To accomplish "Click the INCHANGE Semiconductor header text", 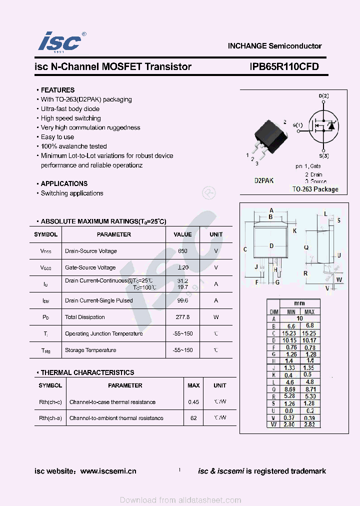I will click(x=274, y=45).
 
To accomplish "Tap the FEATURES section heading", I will click(x=57, y=90).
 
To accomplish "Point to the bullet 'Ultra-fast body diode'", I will click(x=70, y=109).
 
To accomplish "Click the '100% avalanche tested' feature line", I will click(x=73, y=146).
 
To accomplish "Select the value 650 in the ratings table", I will click(x=182, y=251).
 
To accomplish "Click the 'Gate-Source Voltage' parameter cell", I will click(x=90, y=267).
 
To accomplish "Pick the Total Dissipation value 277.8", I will click(x=182, y=317).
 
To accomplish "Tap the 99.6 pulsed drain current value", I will click(x=182, y=300).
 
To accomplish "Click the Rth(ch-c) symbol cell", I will click(x=50, y=402).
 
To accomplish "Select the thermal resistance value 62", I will click(x=193, y=418).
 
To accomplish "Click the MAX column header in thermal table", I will click(x=193, y=385).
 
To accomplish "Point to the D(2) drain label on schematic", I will click(x=323, y=95).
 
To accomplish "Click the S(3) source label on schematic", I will click(x=323, y=155).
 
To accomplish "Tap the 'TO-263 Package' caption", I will click(x=315, y=189).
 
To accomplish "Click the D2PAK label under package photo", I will click(x=264, y=180).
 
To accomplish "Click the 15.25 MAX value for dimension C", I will click(x=309, y=333).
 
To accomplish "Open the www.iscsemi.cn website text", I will click(x=108, y=471).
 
